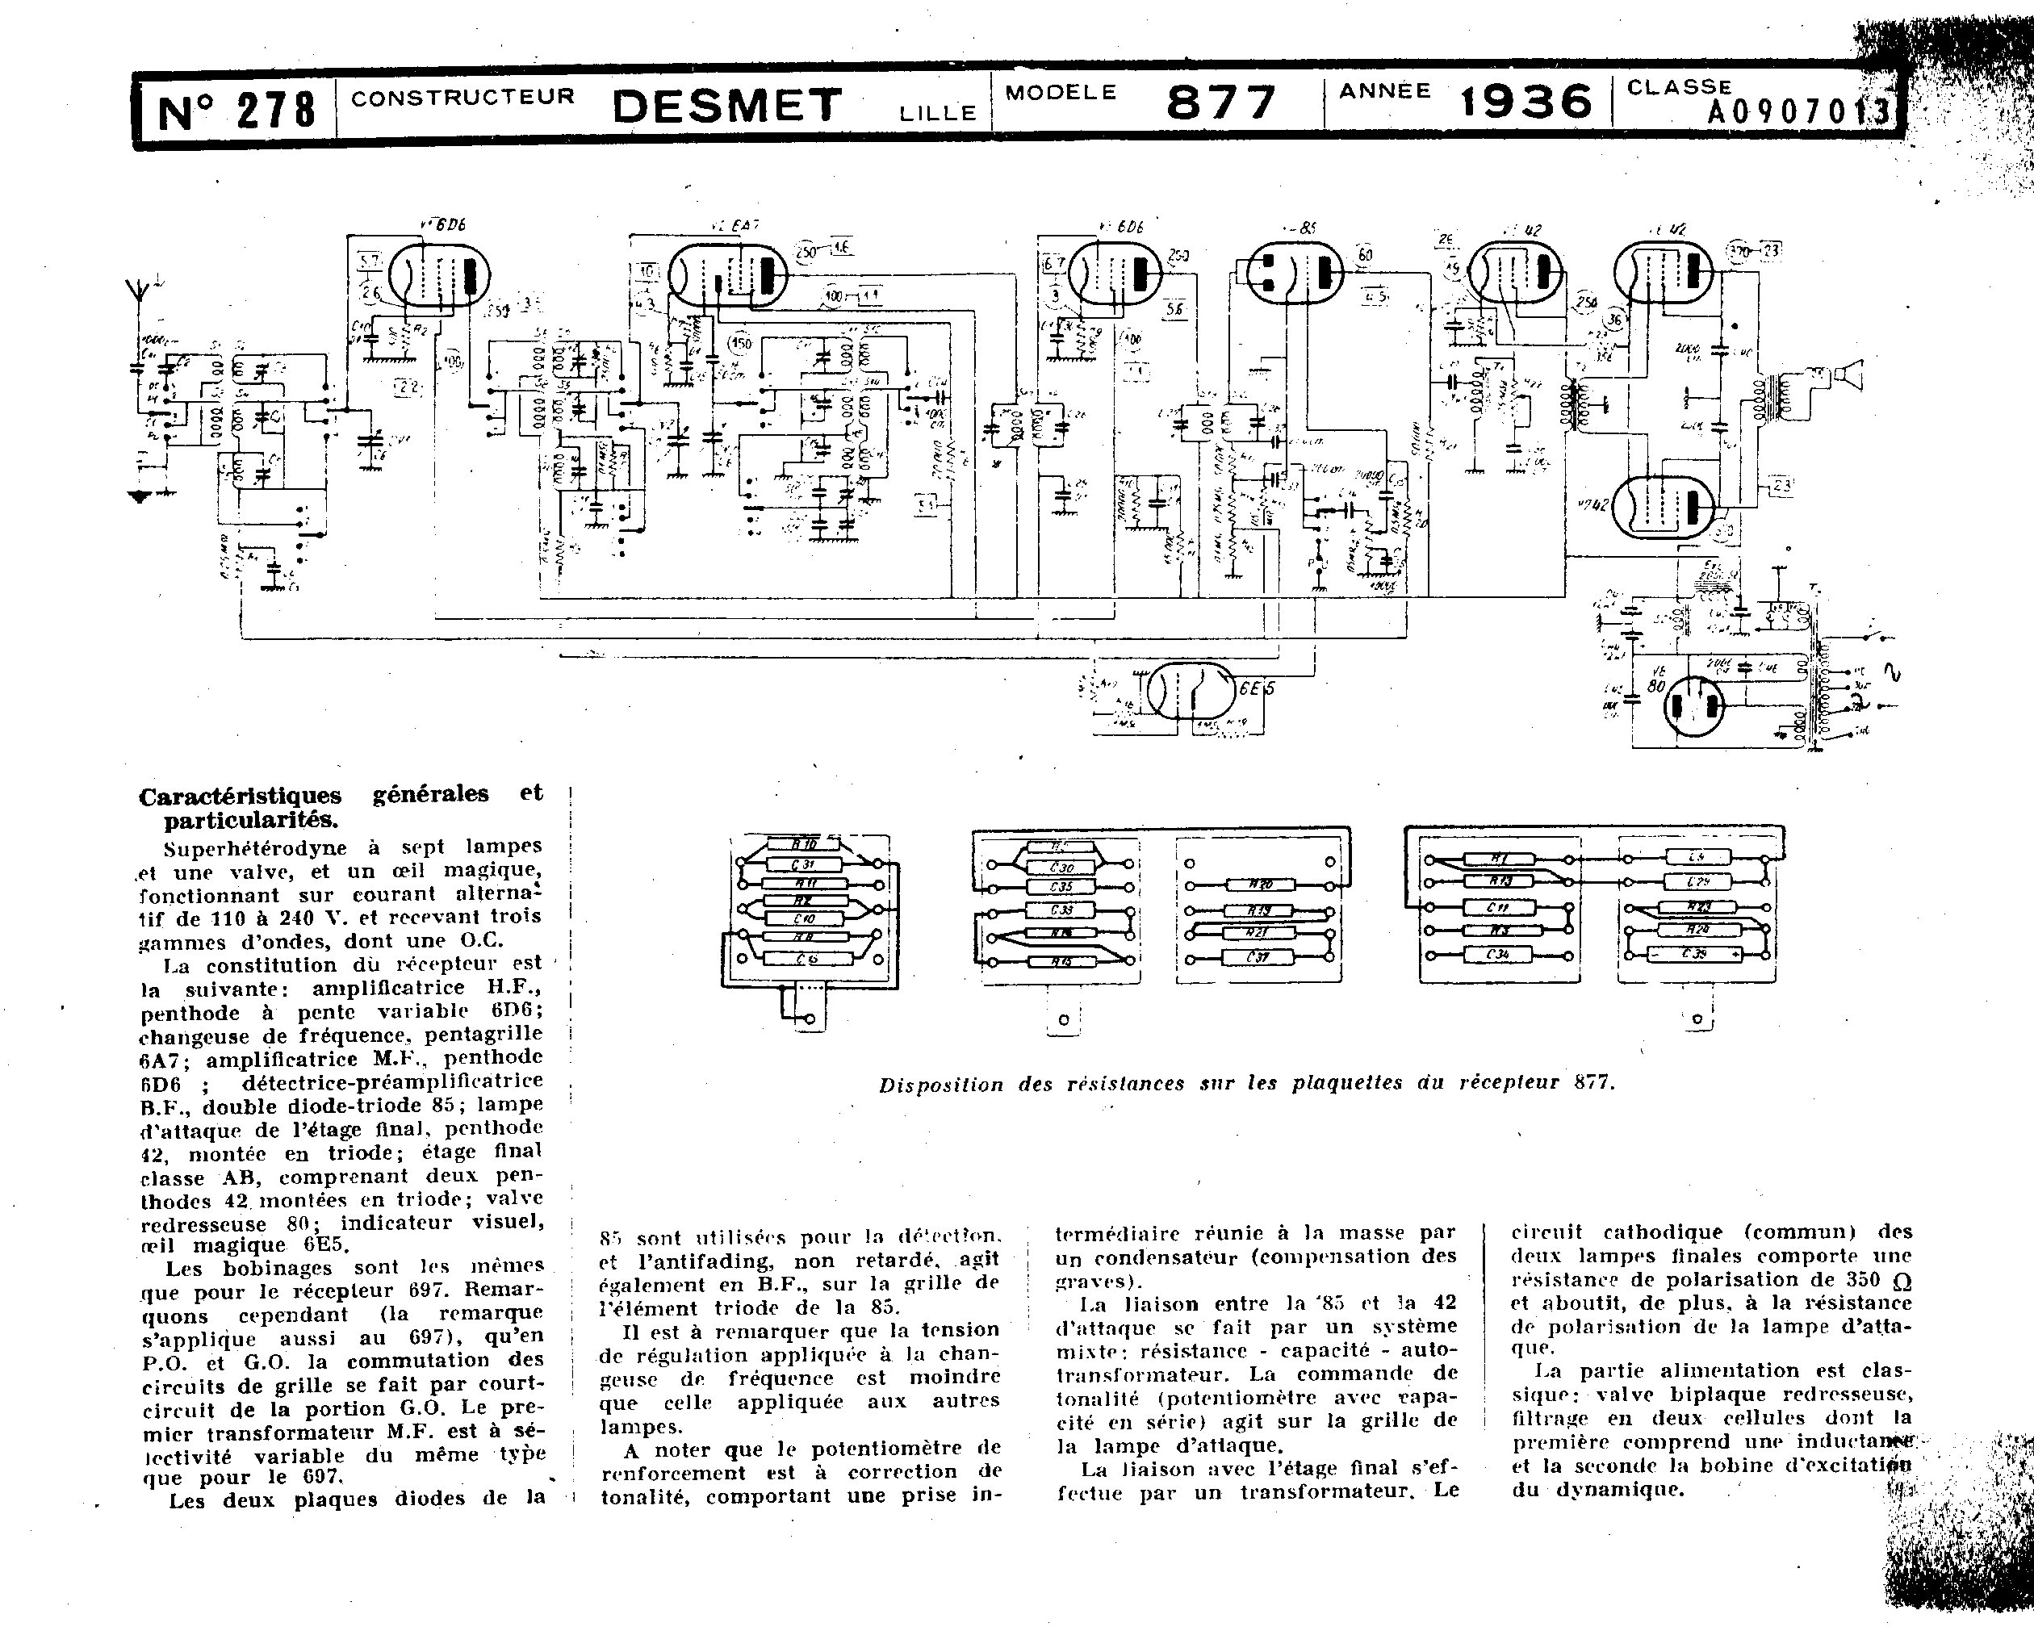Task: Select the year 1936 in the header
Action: (1525, 102)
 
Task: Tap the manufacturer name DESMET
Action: (726, 106)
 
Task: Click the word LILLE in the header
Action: (937, 113)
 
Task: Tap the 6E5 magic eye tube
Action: (1191, 692)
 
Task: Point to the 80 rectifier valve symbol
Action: (1693, 705)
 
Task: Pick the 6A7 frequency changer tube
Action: (727, 274)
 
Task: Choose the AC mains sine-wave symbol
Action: (1890, 672)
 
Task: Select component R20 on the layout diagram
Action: (1261, 885)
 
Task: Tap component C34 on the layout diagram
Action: (1497, 955)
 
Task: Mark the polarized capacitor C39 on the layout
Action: (1694, 954)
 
